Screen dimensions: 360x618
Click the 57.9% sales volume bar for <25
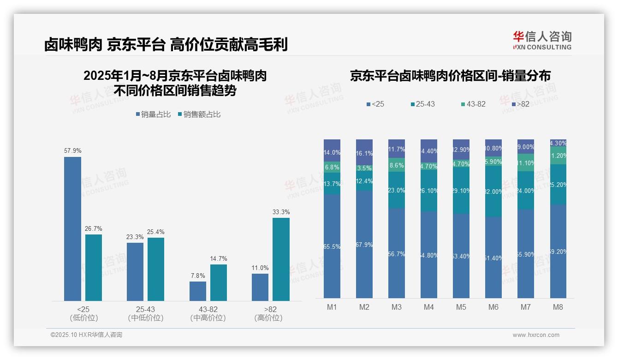tap(72, 229)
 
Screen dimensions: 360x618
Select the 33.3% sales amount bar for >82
tap(281, 259)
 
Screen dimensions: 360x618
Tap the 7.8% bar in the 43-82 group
tap(198, 291)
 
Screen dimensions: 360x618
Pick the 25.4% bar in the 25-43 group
tap(156, 269)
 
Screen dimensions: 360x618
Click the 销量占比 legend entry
tap(155, 114)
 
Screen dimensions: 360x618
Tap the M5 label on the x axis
tap(461, 307)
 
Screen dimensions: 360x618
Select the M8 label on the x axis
tap(558, 307)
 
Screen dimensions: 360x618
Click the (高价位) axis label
tap(268, 318)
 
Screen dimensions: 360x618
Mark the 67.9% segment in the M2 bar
tap(364, 244)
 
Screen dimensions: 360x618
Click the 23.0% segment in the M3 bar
tap(397, 190)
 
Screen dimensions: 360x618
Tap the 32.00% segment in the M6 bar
tap(493, 192)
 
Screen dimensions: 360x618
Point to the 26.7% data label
tap(94, 228)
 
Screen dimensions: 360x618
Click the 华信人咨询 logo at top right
tap(542, 40)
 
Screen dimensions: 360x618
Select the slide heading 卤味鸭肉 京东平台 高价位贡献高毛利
tap(166, 45)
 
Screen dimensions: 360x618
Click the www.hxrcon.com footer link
tap(536, 335)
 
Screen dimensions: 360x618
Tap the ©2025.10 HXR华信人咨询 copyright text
tap(86, 335)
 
